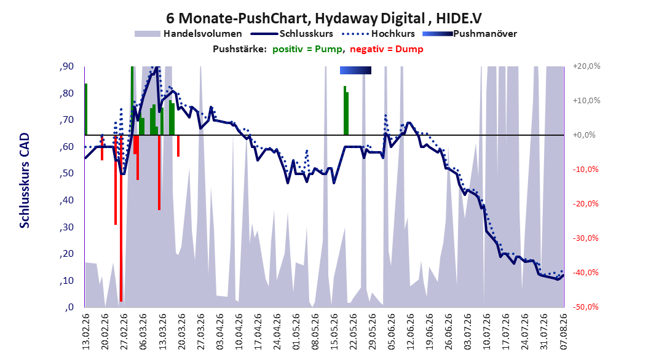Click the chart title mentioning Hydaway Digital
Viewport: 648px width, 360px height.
pyautogui.click(x=323, y=18)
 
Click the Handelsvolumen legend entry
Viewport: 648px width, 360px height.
pyautogui.click(x=189, y=34)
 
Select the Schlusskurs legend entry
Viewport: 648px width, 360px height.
pyautogui.click(x=292, y=34)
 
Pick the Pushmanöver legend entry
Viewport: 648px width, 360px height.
pyautogui.click(x=470, y=34)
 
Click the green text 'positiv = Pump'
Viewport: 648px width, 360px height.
pyautogui.click(x=307, y=49)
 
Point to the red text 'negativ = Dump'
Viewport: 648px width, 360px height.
pyautogui.click(x=387, y=49)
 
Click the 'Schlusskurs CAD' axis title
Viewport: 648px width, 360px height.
pyautogui.click(x=25, y=181)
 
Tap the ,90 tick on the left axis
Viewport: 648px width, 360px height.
pyautogui.click(x=66, y=66)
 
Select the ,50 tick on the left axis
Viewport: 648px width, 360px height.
pyautogui.click(x=66, y=173)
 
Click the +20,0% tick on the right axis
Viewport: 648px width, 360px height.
pyautogui.click(x=586, y=66)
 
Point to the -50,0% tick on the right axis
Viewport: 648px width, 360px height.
pyautogui.click(x=585, y=307)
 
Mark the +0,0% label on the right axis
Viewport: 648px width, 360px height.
pyautogui.click(x=584, y=135)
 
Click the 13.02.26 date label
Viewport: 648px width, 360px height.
pyautogui.click(x=86, y=332)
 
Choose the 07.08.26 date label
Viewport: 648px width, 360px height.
pyautogui.click(x=564, y=332)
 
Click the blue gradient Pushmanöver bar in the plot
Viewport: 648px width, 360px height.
pyautogui.click(x=355, y=70)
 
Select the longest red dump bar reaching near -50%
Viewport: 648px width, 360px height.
pyautogui.click(x=121, y=218)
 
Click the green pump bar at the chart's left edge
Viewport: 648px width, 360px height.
pyautogui.click(x=86, y=109)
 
